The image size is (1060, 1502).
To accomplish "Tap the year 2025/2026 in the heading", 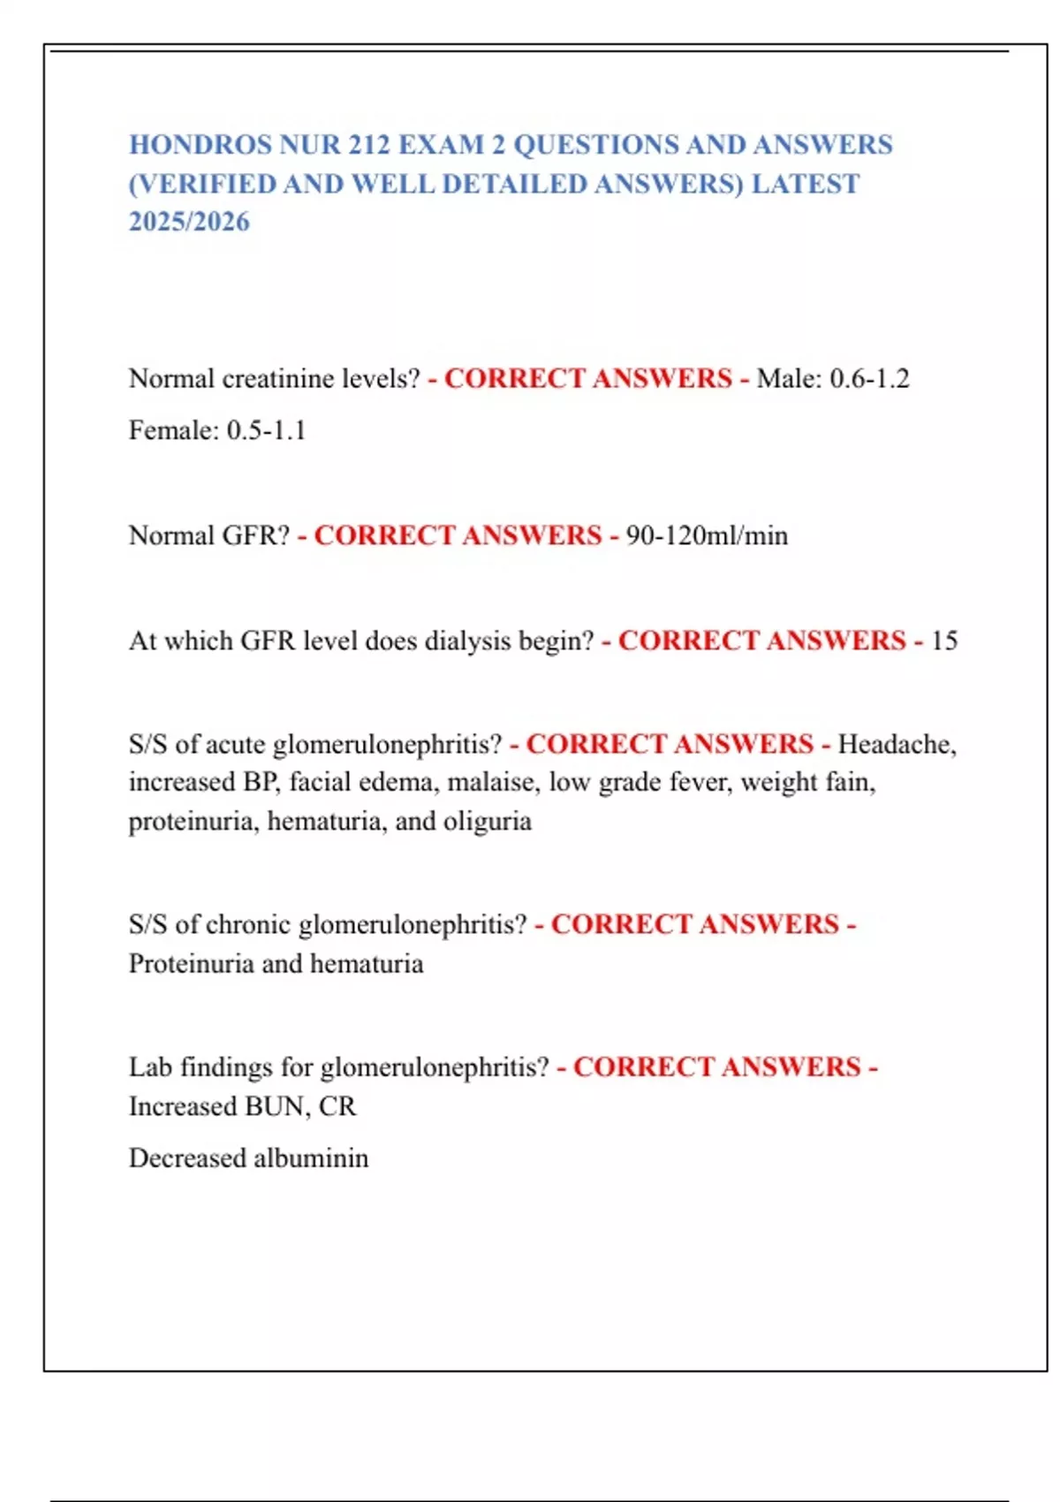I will pyautogui.click(x=189, y=222).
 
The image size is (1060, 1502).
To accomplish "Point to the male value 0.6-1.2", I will pyautogui.click(x=869, y=379).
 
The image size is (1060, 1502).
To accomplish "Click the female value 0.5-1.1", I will pyautogui.click(x=266, y=431).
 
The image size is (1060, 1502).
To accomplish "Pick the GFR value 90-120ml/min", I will pyautogui.click(x=707, y=535).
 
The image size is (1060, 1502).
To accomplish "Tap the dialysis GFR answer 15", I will pyautogui.click(x=943, y=641).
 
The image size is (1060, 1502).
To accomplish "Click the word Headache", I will pyautogui.click(x=897, y=744).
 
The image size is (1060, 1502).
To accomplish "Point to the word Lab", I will pyautogui.click(x=150, y=1067).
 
